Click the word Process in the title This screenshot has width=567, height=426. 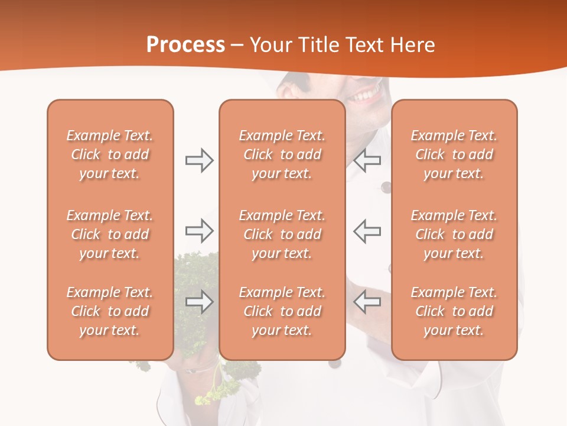pos(185,45)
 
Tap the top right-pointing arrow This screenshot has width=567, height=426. pos(199,160)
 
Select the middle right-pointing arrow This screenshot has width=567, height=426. pos(199,231)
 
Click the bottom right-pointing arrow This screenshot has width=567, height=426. pos(199,302)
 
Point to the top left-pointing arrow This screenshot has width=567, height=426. pos(367,160)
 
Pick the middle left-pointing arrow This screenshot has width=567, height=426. pos(367,231)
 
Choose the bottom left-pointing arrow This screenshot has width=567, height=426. pos(367,302)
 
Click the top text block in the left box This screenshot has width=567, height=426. pos(110,154)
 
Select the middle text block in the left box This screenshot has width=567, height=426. pos(110,234)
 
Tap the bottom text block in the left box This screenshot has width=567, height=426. pos(110,311)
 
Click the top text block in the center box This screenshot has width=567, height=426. pos(282,154)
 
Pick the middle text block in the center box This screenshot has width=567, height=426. pos(282,234)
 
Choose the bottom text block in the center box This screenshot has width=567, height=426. pos(282,311)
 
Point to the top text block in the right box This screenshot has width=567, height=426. pos(454,154)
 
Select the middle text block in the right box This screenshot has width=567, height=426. pos(454,234)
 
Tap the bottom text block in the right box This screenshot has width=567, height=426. pos(454,311)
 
